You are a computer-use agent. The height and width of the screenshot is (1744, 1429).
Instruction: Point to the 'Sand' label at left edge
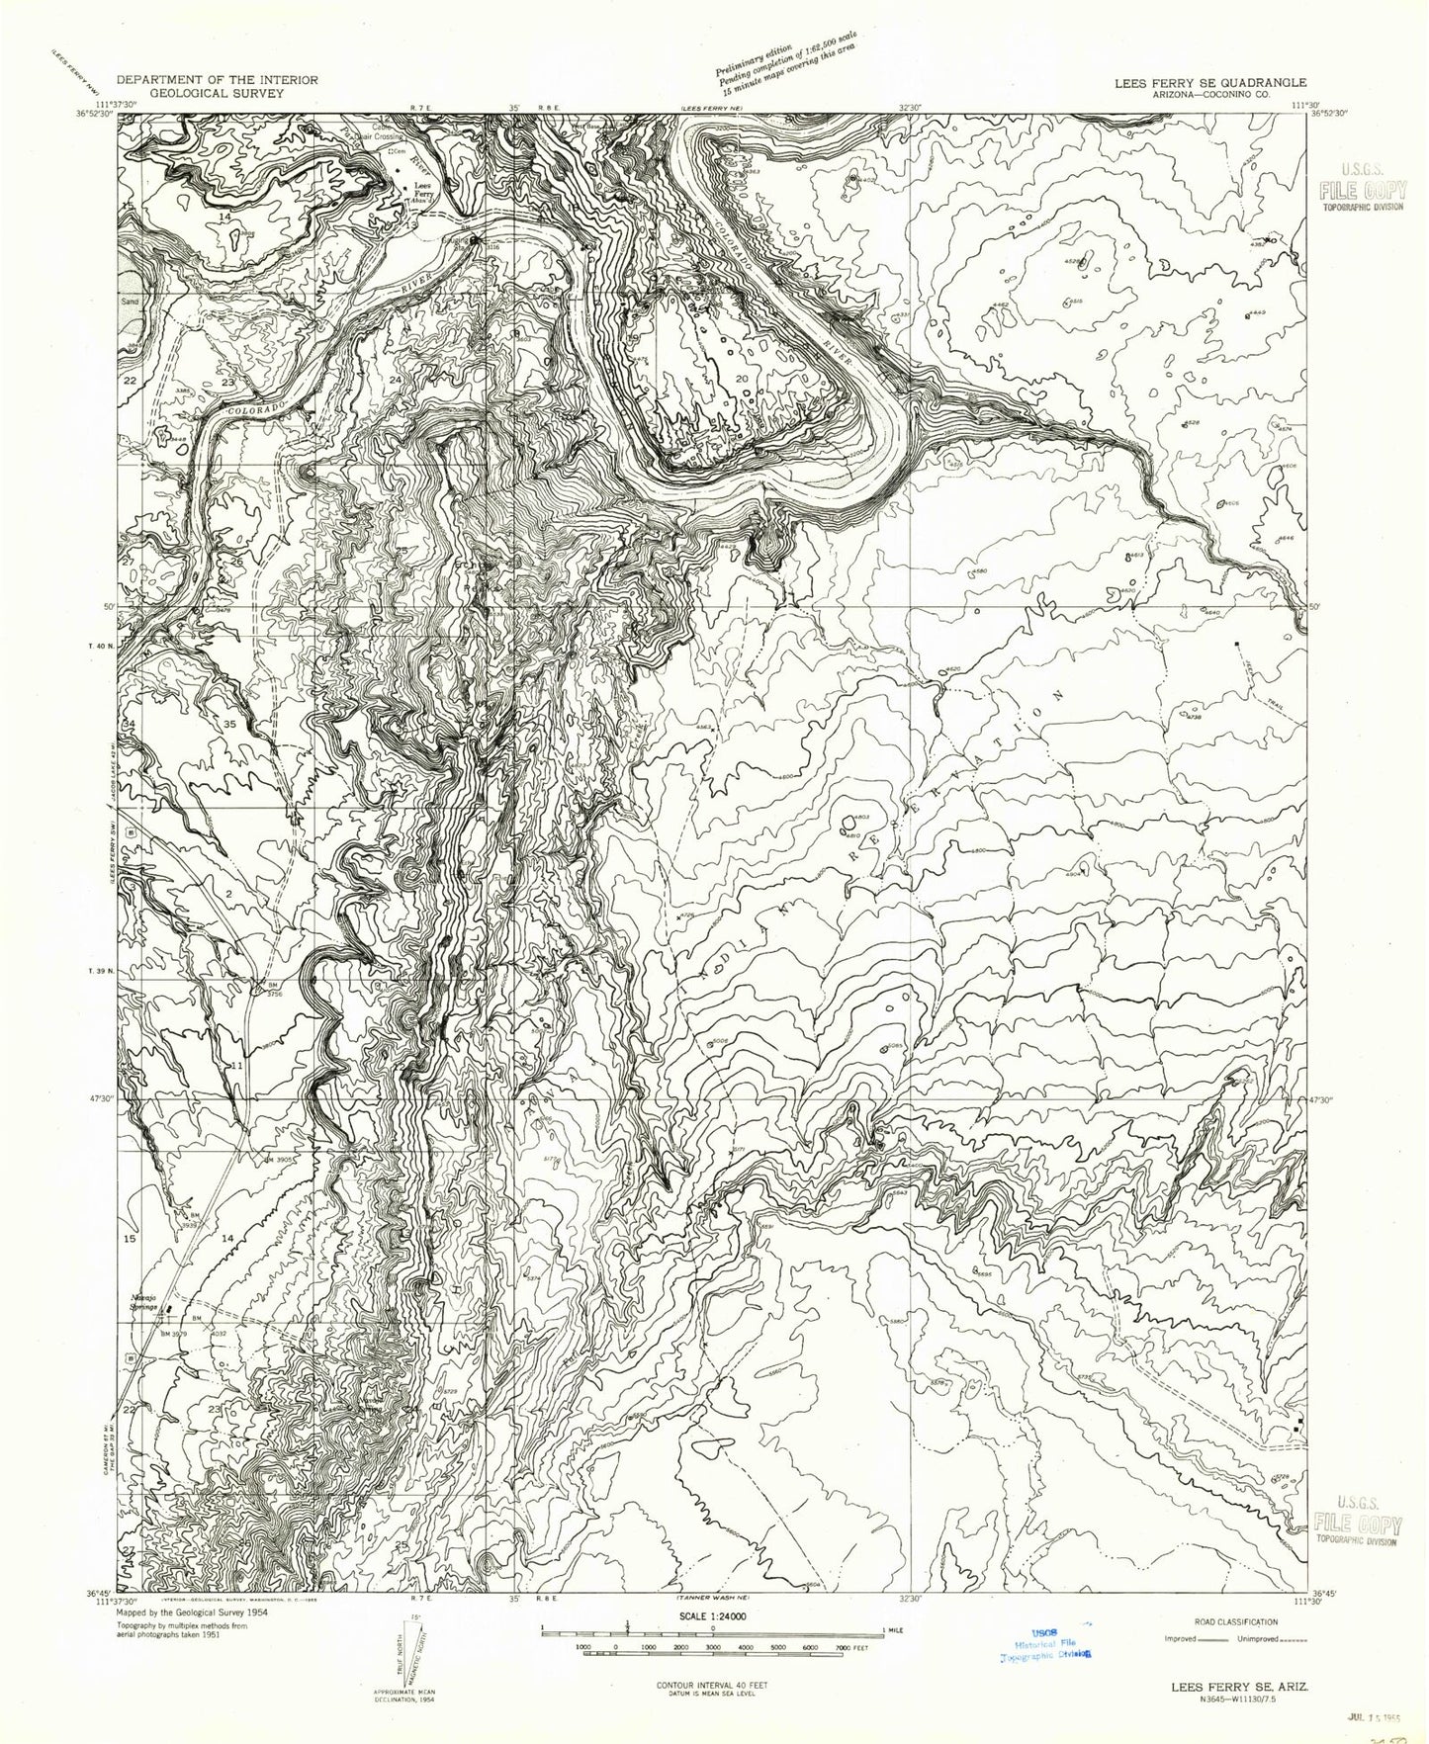131,295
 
